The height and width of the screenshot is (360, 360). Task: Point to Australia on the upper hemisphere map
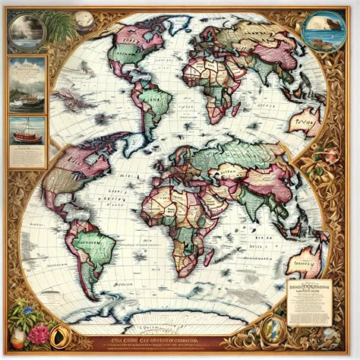(306, 122)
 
